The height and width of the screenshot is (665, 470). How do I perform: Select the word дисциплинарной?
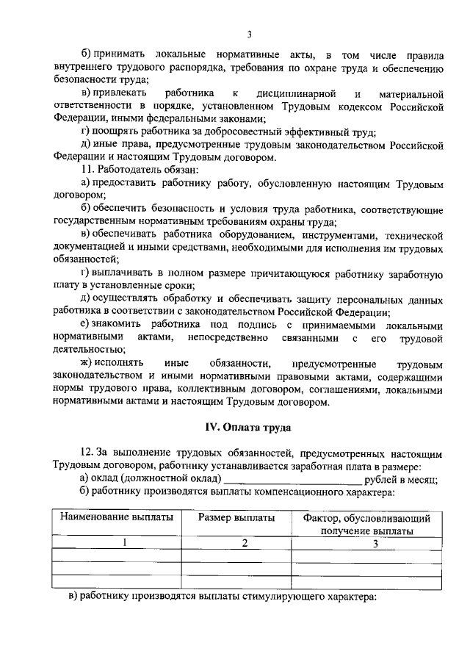click(x=296, y=94)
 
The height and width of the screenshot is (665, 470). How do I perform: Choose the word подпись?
click(x=240, y=326)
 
